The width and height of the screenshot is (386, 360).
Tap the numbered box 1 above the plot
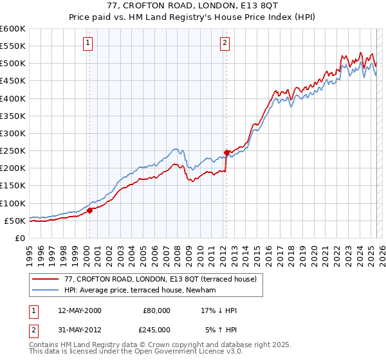[87, 43]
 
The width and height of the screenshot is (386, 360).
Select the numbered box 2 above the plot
[225, 43]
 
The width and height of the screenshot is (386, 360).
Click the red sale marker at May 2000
[90, 210]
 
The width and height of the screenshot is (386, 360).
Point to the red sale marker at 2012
[226, 152]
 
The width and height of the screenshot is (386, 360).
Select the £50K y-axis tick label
[15, 221]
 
